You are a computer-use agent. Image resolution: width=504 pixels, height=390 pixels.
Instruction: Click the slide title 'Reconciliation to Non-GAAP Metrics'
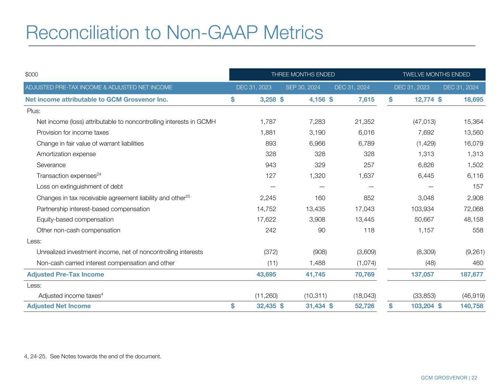click(x=174, y=33)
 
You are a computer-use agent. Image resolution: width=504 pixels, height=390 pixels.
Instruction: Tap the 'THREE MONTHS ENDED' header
click(x=303, y=74)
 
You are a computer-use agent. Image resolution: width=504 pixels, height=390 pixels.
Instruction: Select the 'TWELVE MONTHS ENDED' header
click(x=436, y=74)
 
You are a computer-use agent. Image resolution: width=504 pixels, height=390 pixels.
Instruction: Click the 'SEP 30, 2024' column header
click(x=303, y=88)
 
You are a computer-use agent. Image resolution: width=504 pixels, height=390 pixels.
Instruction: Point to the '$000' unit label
click(x=32, y=75)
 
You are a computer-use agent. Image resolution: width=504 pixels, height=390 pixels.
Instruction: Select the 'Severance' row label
click(x=51, y=165)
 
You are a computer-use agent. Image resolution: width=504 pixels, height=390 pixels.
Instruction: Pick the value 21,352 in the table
click(x=364, y=122)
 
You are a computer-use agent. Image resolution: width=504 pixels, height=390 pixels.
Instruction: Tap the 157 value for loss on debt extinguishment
click(x=478, y=187)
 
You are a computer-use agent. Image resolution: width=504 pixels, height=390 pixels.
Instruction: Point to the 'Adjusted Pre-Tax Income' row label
click(x=65, y=274)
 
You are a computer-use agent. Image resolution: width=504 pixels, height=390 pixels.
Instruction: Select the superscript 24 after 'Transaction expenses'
click(x=99, y=174)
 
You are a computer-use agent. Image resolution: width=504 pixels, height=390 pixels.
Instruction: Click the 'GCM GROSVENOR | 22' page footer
click(x=449, y=378)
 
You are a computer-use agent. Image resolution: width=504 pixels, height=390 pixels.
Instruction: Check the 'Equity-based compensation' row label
click(x=75, y=220)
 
